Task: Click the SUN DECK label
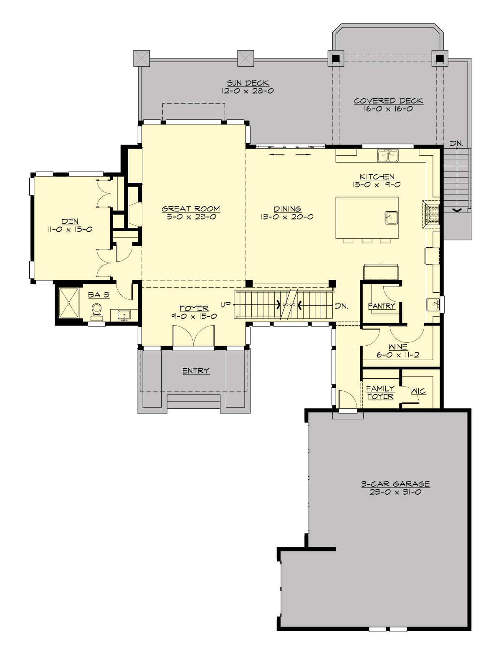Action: tap(248, 83)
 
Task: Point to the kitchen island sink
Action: tap(391, 217)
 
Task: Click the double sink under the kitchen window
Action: tap(388, 156)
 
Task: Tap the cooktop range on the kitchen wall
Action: tap(432, 214)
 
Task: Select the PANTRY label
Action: tap(381, 306)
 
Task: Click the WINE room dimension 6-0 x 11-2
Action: tap(397, 355)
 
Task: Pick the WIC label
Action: tap(418, 391)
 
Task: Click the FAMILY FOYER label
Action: tap(380, 392)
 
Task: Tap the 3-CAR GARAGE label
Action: tap(395, 484)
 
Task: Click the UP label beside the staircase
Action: tap(226, 305)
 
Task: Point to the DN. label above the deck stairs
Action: tap(457, 143)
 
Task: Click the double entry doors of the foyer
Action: tap(194, 336)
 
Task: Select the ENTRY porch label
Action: tap(196, 371)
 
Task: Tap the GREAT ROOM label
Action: tap(191, 209)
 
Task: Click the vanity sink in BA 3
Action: tap(124, 314)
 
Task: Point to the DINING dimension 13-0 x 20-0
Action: tap(287, 217)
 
